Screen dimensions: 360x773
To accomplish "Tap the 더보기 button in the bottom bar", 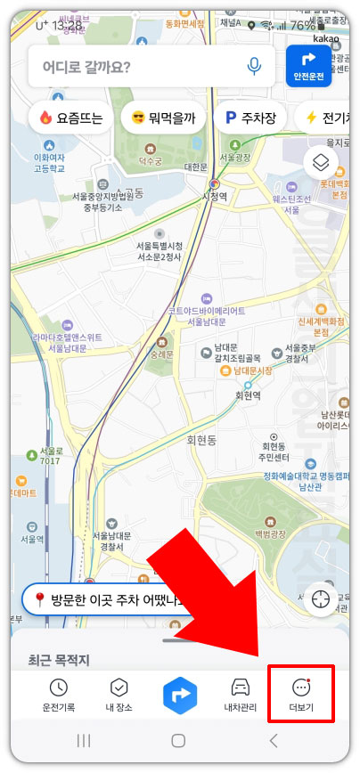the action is pos(301,694).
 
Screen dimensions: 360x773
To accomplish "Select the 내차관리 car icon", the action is pos(241,694).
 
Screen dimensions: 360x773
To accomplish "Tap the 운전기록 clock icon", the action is pos(58,694).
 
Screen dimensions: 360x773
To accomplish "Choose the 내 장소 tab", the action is pos(119,694).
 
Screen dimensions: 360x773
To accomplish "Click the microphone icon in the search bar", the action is pos(254,66).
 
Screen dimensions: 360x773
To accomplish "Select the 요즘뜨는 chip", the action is pos(71,117).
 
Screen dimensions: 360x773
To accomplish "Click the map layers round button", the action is pos(322,163).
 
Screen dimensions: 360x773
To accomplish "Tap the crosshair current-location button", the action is pos(322,599).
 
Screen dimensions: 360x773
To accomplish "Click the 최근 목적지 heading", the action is pos(59,660).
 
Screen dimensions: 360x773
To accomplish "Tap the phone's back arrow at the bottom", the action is pos(274,740).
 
